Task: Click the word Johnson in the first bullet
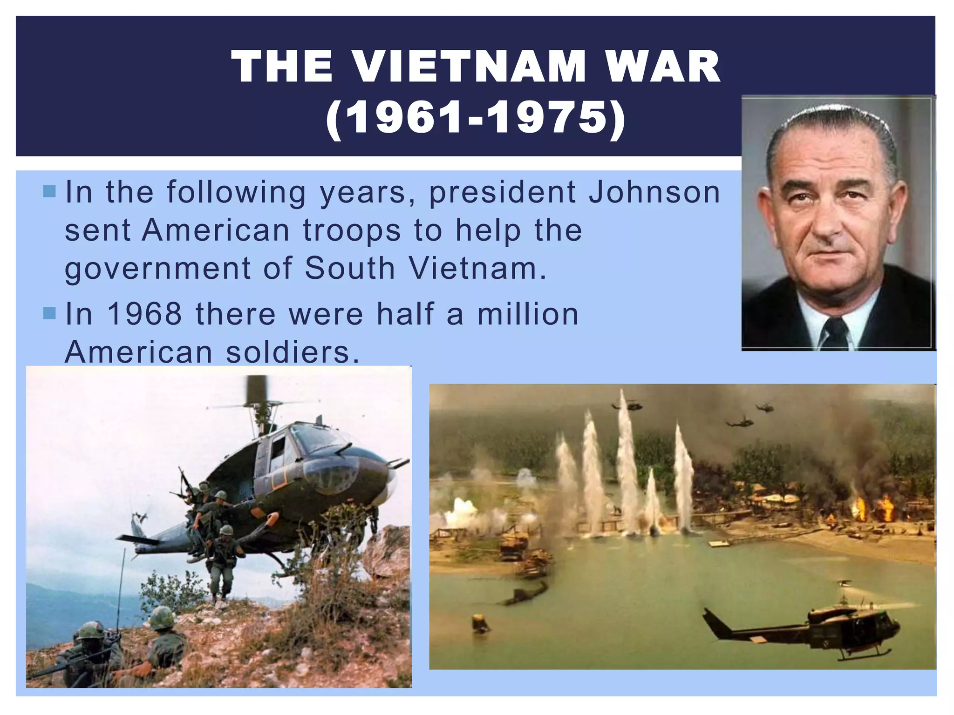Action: pos(654,192)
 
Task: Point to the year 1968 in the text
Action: pos(144,314)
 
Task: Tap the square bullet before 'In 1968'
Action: pos(49,313)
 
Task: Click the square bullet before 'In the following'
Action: pos(49,191)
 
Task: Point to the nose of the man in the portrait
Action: pos(828,223)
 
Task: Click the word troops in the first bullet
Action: pos(352,230)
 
